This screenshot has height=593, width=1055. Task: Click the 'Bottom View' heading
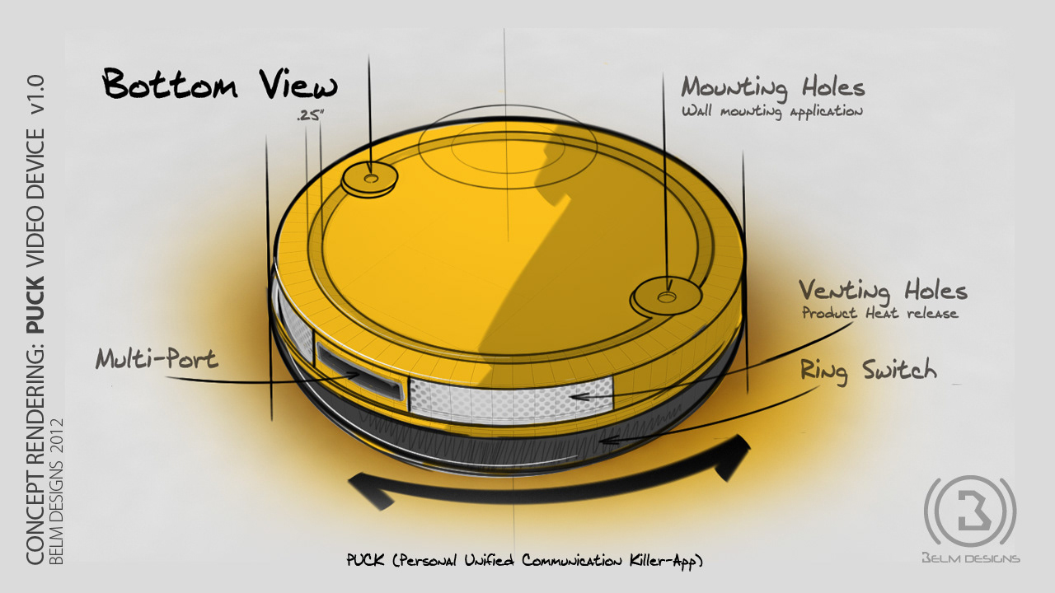[219, 86]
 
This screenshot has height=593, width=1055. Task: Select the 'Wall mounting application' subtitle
[771, 111]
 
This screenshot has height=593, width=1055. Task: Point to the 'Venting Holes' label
[882, 291]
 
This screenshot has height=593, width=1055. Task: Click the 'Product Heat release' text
[879, 314]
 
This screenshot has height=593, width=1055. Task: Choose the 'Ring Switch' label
[868, 371]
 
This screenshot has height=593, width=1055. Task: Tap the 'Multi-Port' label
[157, 359]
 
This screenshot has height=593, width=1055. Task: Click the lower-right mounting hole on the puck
[667, 294]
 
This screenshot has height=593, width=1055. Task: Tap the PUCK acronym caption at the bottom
[525, 562]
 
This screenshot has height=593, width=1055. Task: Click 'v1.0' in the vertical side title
[35, 103]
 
